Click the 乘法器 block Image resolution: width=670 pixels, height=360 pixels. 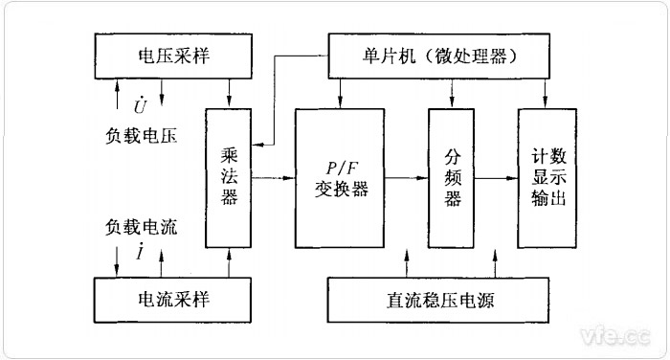coord(230,177)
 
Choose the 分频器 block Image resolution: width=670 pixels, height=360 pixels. coord(452,177)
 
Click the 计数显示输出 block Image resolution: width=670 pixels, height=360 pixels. coord(547,177)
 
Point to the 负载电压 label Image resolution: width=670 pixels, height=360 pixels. coord(143,134)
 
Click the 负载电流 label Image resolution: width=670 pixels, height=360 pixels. coord(143,228)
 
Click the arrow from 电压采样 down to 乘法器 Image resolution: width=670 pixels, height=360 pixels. coord(231,92)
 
